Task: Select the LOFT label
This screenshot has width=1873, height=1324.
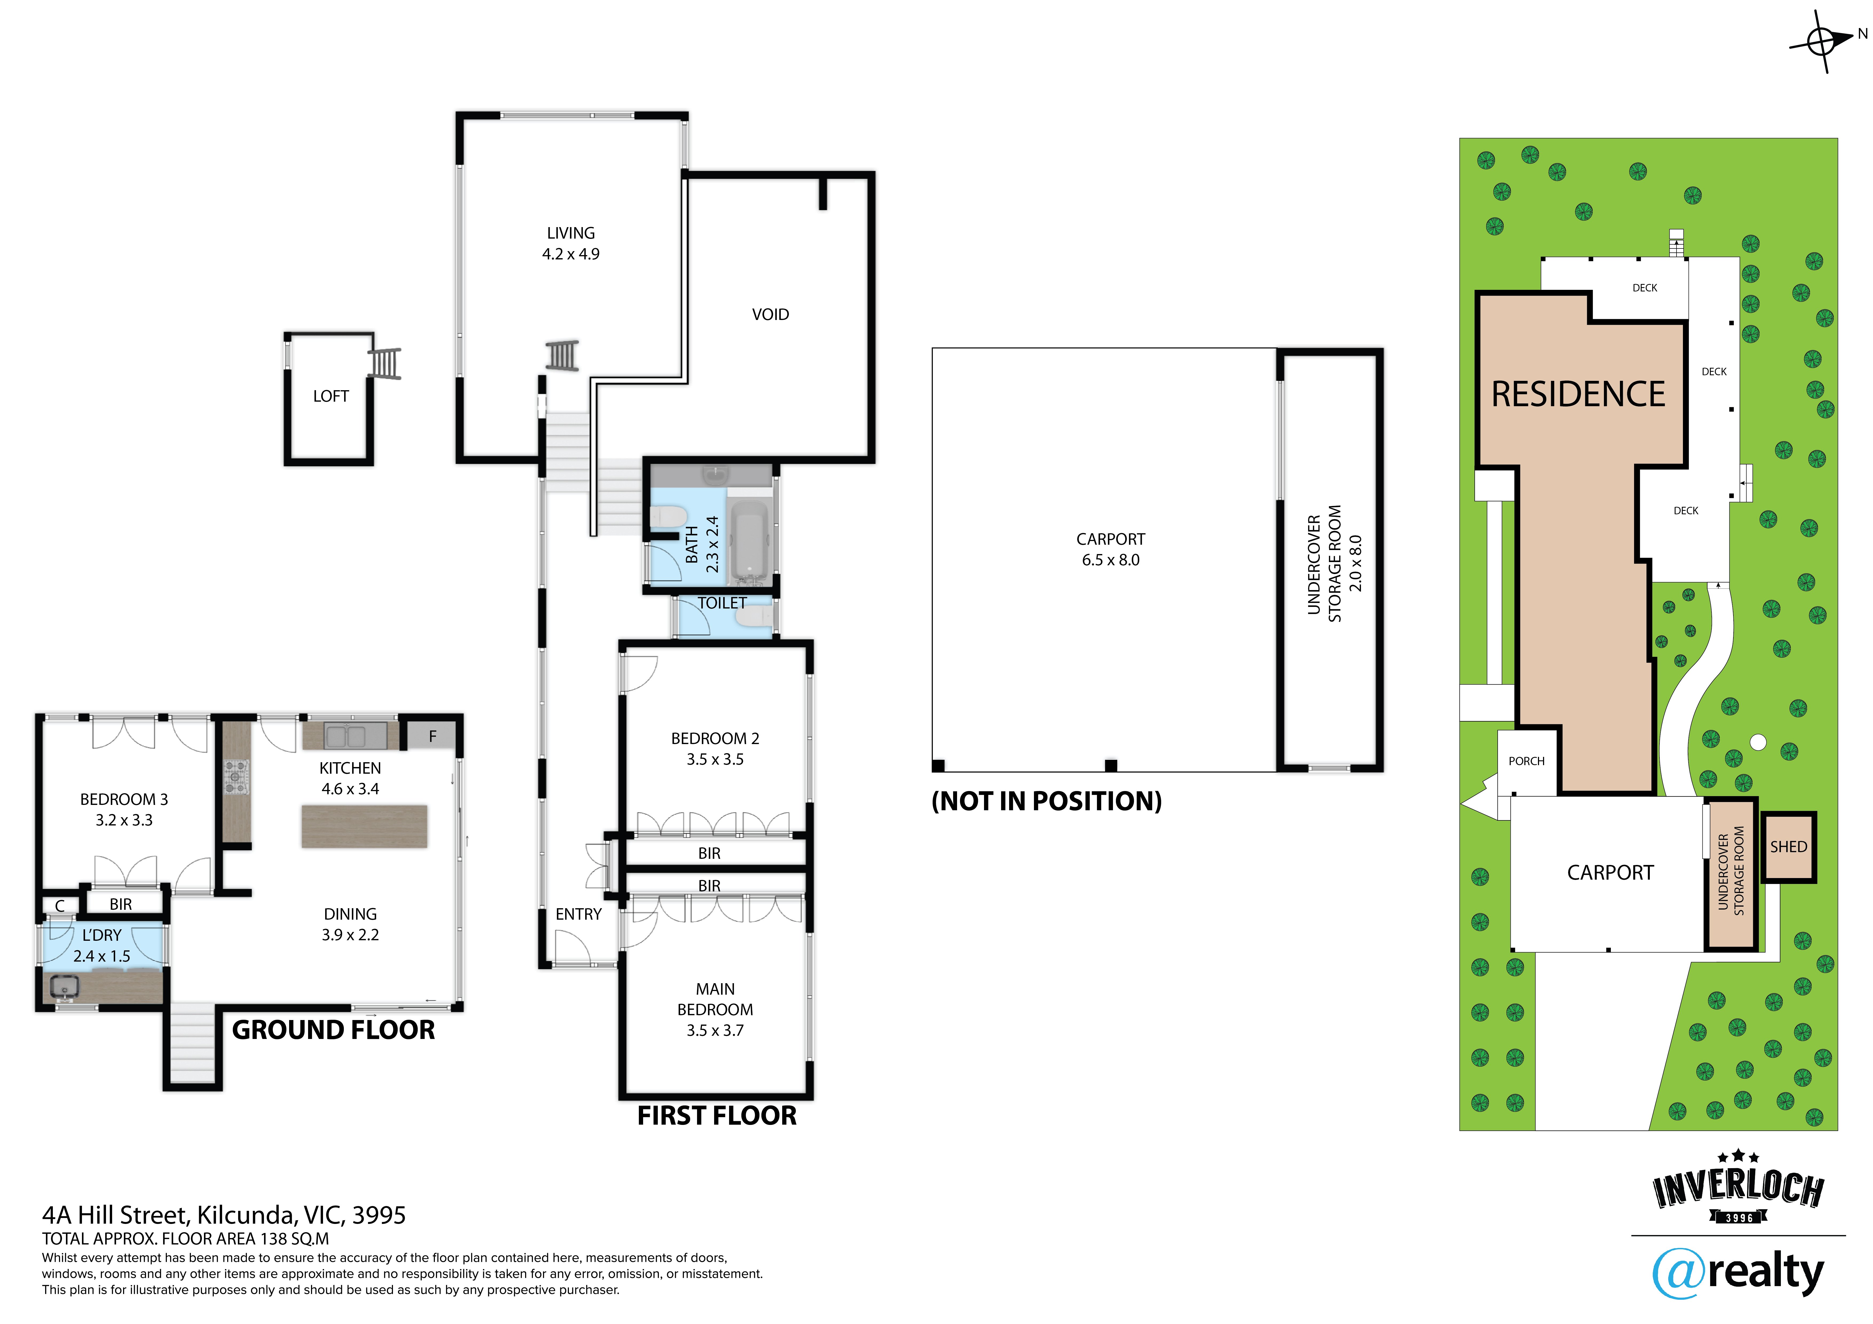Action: [330, 397]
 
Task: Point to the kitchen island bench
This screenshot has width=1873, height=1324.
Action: [365, 826]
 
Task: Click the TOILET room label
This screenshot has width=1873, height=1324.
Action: [722, 603]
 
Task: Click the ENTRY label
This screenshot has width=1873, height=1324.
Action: [579, 915]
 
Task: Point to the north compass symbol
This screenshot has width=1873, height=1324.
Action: [1821, 41]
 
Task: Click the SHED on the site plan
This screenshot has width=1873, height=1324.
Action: [1788, 847]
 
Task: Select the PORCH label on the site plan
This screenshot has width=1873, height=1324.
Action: [1526, 761]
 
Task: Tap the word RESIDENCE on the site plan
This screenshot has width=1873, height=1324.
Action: [1578, 395]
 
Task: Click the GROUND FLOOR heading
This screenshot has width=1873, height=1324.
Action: [334, 1030]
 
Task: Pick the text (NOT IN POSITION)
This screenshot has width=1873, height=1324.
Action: [1047, 801]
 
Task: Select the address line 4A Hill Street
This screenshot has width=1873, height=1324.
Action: [223, 1215]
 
